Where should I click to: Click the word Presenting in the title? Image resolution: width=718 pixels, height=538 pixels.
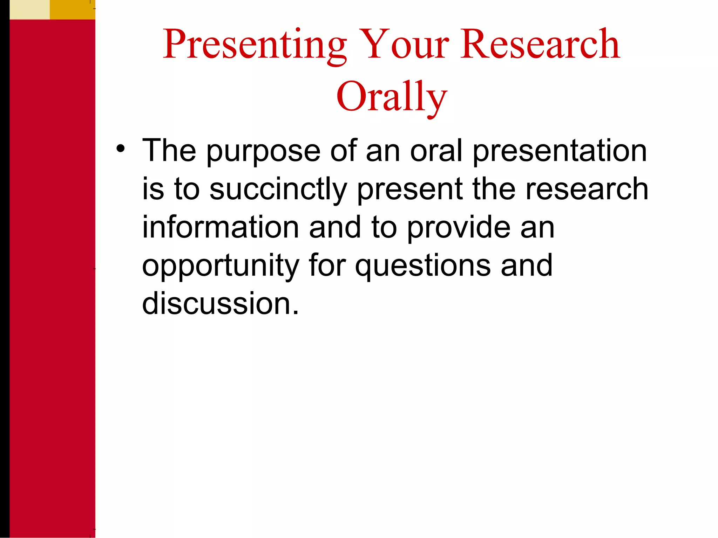[255, 45]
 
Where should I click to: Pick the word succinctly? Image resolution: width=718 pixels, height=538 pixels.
[278, 190]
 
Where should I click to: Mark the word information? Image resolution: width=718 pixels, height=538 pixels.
[221, 227]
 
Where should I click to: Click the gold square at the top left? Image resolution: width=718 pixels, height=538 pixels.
[73, 9]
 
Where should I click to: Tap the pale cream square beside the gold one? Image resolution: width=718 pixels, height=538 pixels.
[30, 9]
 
